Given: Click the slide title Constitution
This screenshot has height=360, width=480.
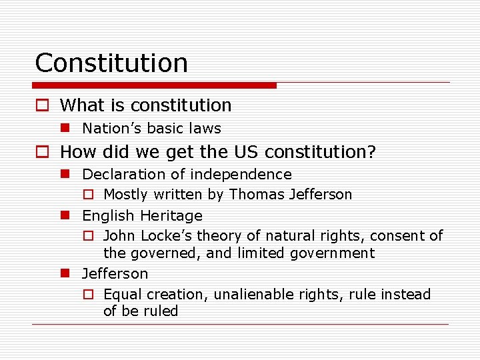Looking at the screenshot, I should coord(111,63).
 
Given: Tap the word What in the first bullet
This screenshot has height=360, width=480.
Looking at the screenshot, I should coord(81,105).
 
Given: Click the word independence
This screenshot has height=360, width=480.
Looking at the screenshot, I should coord(241,175).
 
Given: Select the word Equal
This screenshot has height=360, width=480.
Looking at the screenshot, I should coord(123,294).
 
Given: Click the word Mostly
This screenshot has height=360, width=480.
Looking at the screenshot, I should coord(127,195).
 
